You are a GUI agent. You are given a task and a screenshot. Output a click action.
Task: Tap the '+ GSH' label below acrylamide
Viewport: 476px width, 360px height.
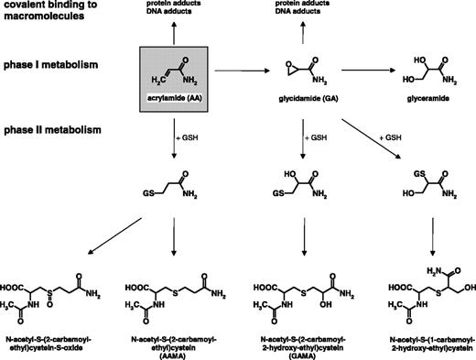(189, 135)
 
